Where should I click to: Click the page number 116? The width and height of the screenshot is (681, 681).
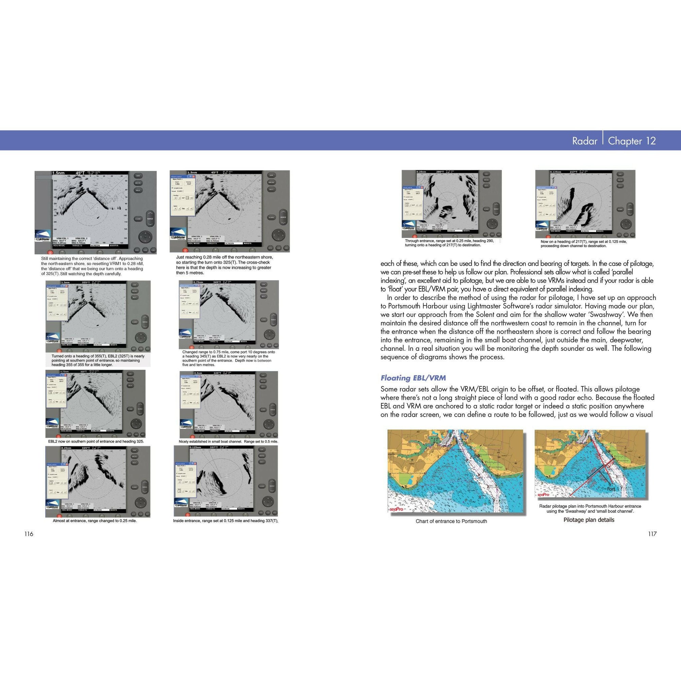29,534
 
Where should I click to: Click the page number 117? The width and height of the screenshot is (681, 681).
652,534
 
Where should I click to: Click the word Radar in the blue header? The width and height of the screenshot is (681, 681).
584,141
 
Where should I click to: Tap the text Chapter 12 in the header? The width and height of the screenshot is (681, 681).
632,141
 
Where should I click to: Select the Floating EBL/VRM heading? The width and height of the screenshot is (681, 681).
413,378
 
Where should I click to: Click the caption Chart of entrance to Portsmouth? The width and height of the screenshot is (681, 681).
451,521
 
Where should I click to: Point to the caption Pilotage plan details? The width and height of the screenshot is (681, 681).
589,520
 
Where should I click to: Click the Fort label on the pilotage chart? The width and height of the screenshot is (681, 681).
611,489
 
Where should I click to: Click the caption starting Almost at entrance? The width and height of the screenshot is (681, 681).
94,521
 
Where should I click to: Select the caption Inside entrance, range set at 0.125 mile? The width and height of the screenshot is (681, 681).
226,521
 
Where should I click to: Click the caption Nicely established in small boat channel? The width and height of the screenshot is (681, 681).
228,441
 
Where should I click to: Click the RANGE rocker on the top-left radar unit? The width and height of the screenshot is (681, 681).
150,219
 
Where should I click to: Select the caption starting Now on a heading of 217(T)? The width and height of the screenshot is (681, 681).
583,243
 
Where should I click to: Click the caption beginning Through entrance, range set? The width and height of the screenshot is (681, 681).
449,243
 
